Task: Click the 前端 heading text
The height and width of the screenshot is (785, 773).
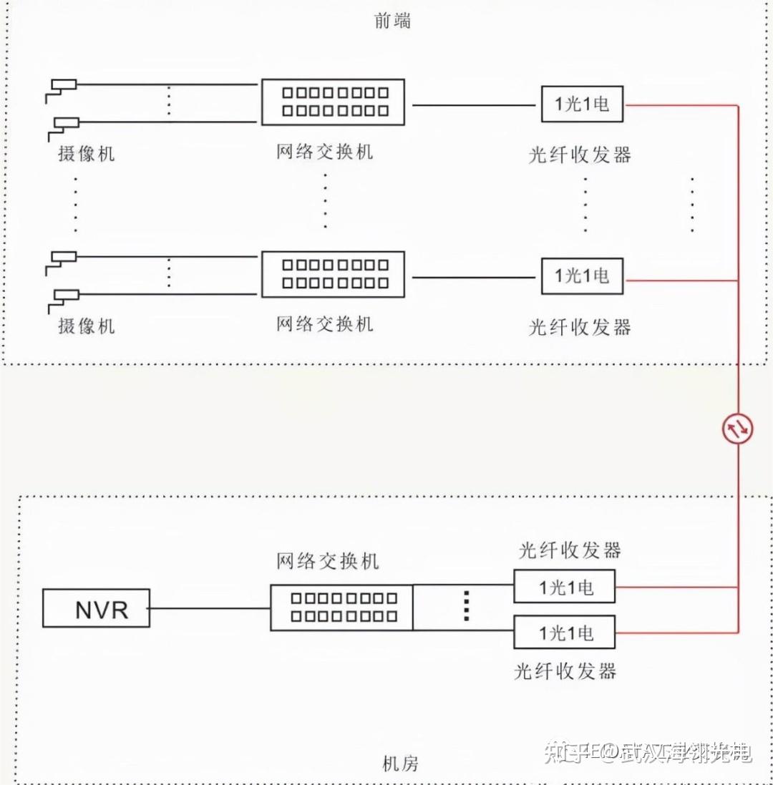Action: coord(393,21)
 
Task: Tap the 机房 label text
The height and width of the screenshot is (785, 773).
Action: coord(401,764)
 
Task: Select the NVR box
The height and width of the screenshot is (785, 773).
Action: coord(96,608)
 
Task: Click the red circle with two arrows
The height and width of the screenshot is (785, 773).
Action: coord(738,429)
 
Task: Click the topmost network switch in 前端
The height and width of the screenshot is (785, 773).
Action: coord(333,102)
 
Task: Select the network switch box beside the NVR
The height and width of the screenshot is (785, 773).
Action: coord(341,608)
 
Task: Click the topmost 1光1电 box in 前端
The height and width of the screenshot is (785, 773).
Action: coord(582,104)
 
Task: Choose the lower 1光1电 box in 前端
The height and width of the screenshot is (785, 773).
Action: coord(582,276)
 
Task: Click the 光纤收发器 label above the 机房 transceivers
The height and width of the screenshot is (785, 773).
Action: coord(570,550)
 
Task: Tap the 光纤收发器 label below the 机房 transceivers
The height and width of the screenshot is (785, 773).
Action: coord(565,671)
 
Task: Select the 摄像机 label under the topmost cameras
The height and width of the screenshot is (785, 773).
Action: coord(86,153)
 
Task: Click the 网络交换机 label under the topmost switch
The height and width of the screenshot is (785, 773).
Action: coord(325,152)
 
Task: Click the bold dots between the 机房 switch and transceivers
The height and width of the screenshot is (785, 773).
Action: coord(466,606)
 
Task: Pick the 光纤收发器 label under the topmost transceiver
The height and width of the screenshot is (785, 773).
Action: coord(580,155)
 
